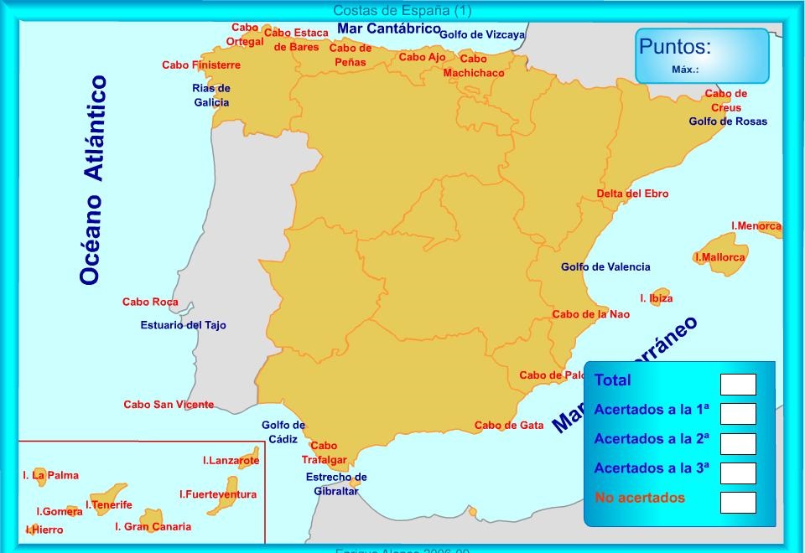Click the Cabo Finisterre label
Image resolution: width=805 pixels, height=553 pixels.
coord(201,65)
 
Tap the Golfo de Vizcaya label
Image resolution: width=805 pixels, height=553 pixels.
coord(482,34)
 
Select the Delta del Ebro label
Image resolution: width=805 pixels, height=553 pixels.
coord(632,194)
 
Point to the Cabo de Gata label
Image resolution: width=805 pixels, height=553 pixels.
coord(509,425)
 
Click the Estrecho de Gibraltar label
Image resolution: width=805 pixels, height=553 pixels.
coord(336,484)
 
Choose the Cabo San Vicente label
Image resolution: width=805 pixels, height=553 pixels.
coord(169,405)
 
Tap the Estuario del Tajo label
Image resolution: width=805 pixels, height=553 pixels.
coord(183,325)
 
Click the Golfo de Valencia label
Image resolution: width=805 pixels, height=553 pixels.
coord(605,267)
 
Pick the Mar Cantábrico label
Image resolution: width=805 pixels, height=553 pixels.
coord(388,28)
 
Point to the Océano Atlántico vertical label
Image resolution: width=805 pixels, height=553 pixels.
coord(93,180)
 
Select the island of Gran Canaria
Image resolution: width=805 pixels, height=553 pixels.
coord(153,516)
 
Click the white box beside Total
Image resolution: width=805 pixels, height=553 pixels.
coord(738,385)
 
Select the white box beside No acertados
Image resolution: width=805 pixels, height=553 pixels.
coord(738,502)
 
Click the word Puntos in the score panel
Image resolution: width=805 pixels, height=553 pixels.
coord(675,47)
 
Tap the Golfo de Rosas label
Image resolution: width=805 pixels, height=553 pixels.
coord(728,121)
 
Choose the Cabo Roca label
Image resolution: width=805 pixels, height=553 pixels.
coord(150,302)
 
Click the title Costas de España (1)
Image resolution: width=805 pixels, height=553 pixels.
coord(402,10)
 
